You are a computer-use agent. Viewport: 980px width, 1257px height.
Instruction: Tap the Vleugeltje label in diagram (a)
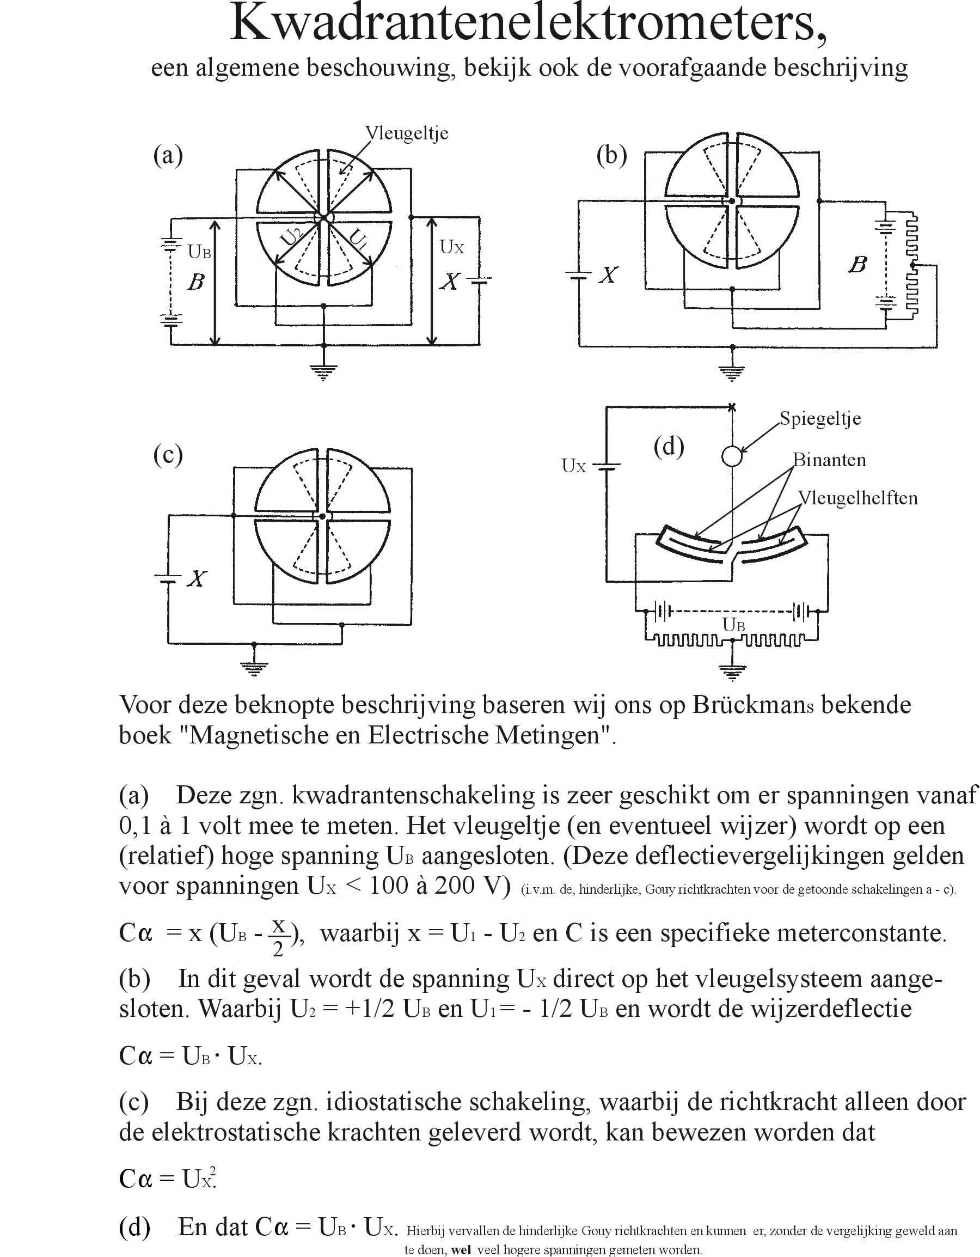[407, 133]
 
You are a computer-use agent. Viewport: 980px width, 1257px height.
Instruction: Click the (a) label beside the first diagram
[168, 155]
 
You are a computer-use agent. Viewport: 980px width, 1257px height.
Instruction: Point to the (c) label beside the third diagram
[168, 455]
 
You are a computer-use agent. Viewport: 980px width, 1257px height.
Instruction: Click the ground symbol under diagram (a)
[323, 373]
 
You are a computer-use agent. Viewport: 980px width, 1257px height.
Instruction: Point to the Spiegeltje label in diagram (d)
[820, 419]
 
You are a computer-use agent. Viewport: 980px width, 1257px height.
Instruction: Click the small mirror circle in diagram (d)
[731, 456]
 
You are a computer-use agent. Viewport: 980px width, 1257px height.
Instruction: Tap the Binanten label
[829, 460]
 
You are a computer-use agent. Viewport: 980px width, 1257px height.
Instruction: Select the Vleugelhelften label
[857, 498]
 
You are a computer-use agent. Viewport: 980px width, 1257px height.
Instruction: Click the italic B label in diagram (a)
[196, 282]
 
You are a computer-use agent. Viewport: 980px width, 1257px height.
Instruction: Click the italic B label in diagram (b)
[857, 265]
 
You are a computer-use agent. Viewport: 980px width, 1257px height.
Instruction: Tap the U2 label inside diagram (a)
[292, 237]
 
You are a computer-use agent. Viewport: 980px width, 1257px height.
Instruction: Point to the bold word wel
[462, 1250]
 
